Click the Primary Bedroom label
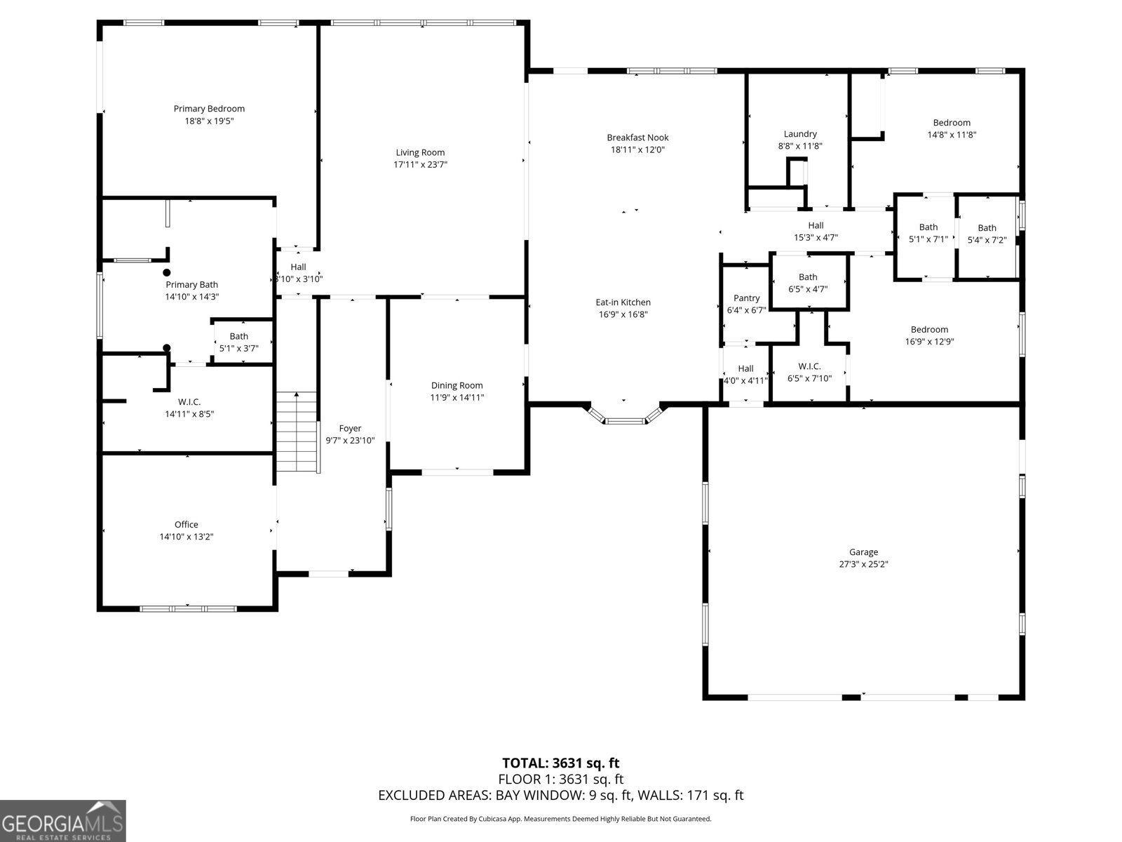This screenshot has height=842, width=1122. [x=209, y=109]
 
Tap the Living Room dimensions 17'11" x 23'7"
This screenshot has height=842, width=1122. [x=420, y=165]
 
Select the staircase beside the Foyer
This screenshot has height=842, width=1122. [x=297, y=432]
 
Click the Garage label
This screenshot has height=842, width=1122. [x=863, y=552]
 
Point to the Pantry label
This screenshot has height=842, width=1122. [x=746, y=298]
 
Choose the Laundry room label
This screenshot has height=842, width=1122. [x=800, y=134]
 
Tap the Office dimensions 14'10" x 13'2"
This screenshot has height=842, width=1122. [x=186, y=537]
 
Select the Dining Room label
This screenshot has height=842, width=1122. [x=457, y=385]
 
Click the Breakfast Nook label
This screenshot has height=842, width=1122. [x=637, y=138]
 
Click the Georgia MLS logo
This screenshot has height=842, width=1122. [x=63, y=821]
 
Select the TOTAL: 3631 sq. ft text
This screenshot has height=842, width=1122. [x=560, y=763]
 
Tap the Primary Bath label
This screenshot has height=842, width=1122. [x=191, y=285]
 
